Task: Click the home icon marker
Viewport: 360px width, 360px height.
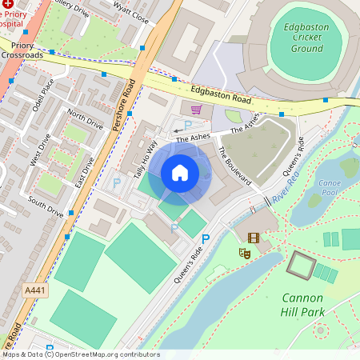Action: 180,173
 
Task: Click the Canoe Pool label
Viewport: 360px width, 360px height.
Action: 330,186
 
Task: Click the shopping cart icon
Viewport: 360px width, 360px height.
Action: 196,110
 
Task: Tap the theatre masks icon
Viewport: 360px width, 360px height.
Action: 245,253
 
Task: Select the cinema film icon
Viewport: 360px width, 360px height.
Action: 254,238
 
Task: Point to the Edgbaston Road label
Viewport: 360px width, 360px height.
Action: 222,94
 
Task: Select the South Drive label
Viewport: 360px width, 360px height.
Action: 46,206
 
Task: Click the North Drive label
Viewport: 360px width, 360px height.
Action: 86,119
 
